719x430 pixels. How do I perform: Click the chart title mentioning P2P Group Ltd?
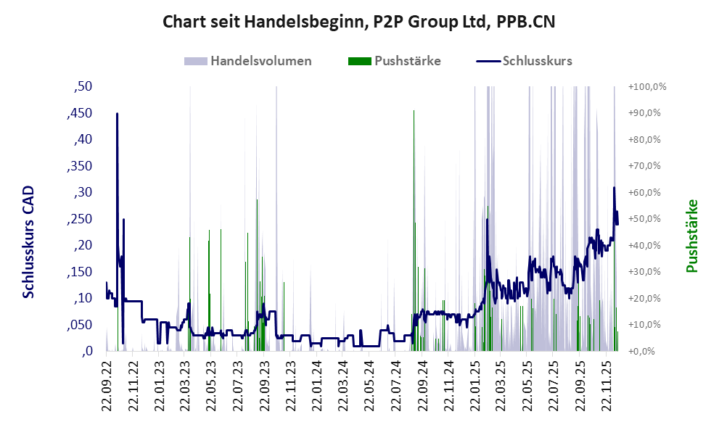[x=359, y=22]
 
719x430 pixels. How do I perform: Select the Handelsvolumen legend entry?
[x=260, y=61]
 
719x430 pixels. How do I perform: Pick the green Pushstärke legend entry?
[x=407, y=61]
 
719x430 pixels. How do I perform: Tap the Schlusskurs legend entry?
[x=537, y=61]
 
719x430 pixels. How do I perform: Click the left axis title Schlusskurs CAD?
[x=29, y=241]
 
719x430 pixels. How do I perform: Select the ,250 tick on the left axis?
[x=81, y=219]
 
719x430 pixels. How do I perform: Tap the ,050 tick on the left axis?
[x=81, y=325]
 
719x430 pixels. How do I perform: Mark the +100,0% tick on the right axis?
[x=647, y=87]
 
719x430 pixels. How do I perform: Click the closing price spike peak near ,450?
[x=117, y=114]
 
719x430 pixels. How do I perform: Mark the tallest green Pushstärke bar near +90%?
[x=414, y=112]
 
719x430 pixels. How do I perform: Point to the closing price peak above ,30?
[x=614, y=188]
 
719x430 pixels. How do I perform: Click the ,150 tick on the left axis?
[x=81, y=272]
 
